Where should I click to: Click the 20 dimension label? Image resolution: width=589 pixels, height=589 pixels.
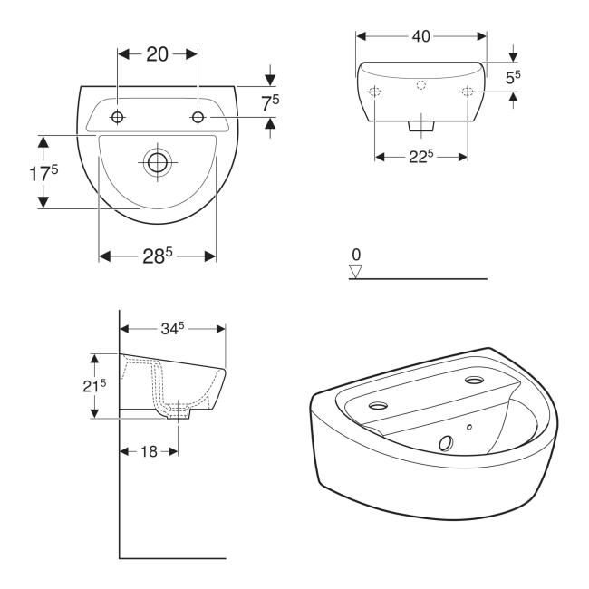(158, 54)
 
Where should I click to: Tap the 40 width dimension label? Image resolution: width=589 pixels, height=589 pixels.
(421, 36)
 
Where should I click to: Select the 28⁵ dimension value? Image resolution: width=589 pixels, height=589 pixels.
(158, 256)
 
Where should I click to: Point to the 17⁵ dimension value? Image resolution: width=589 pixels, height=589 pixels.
(43, 173)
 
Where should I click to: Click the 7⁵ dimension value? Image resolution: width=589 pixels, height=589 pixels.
(270, 103)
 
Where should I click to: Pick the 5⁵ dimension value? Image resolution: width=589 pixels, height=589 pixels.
(513, 77)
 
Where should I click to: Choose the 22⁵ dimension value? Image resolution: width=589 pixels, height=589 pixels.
(421, 156)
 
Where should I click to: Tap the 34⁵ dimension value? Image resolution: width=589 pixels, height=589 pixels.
(172, 329)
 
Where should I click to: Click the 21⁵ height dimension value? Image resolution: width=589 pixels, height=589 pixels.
(94, 385)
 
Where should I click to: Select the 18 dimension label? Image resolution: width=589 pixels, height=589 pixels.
(149, 451)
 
